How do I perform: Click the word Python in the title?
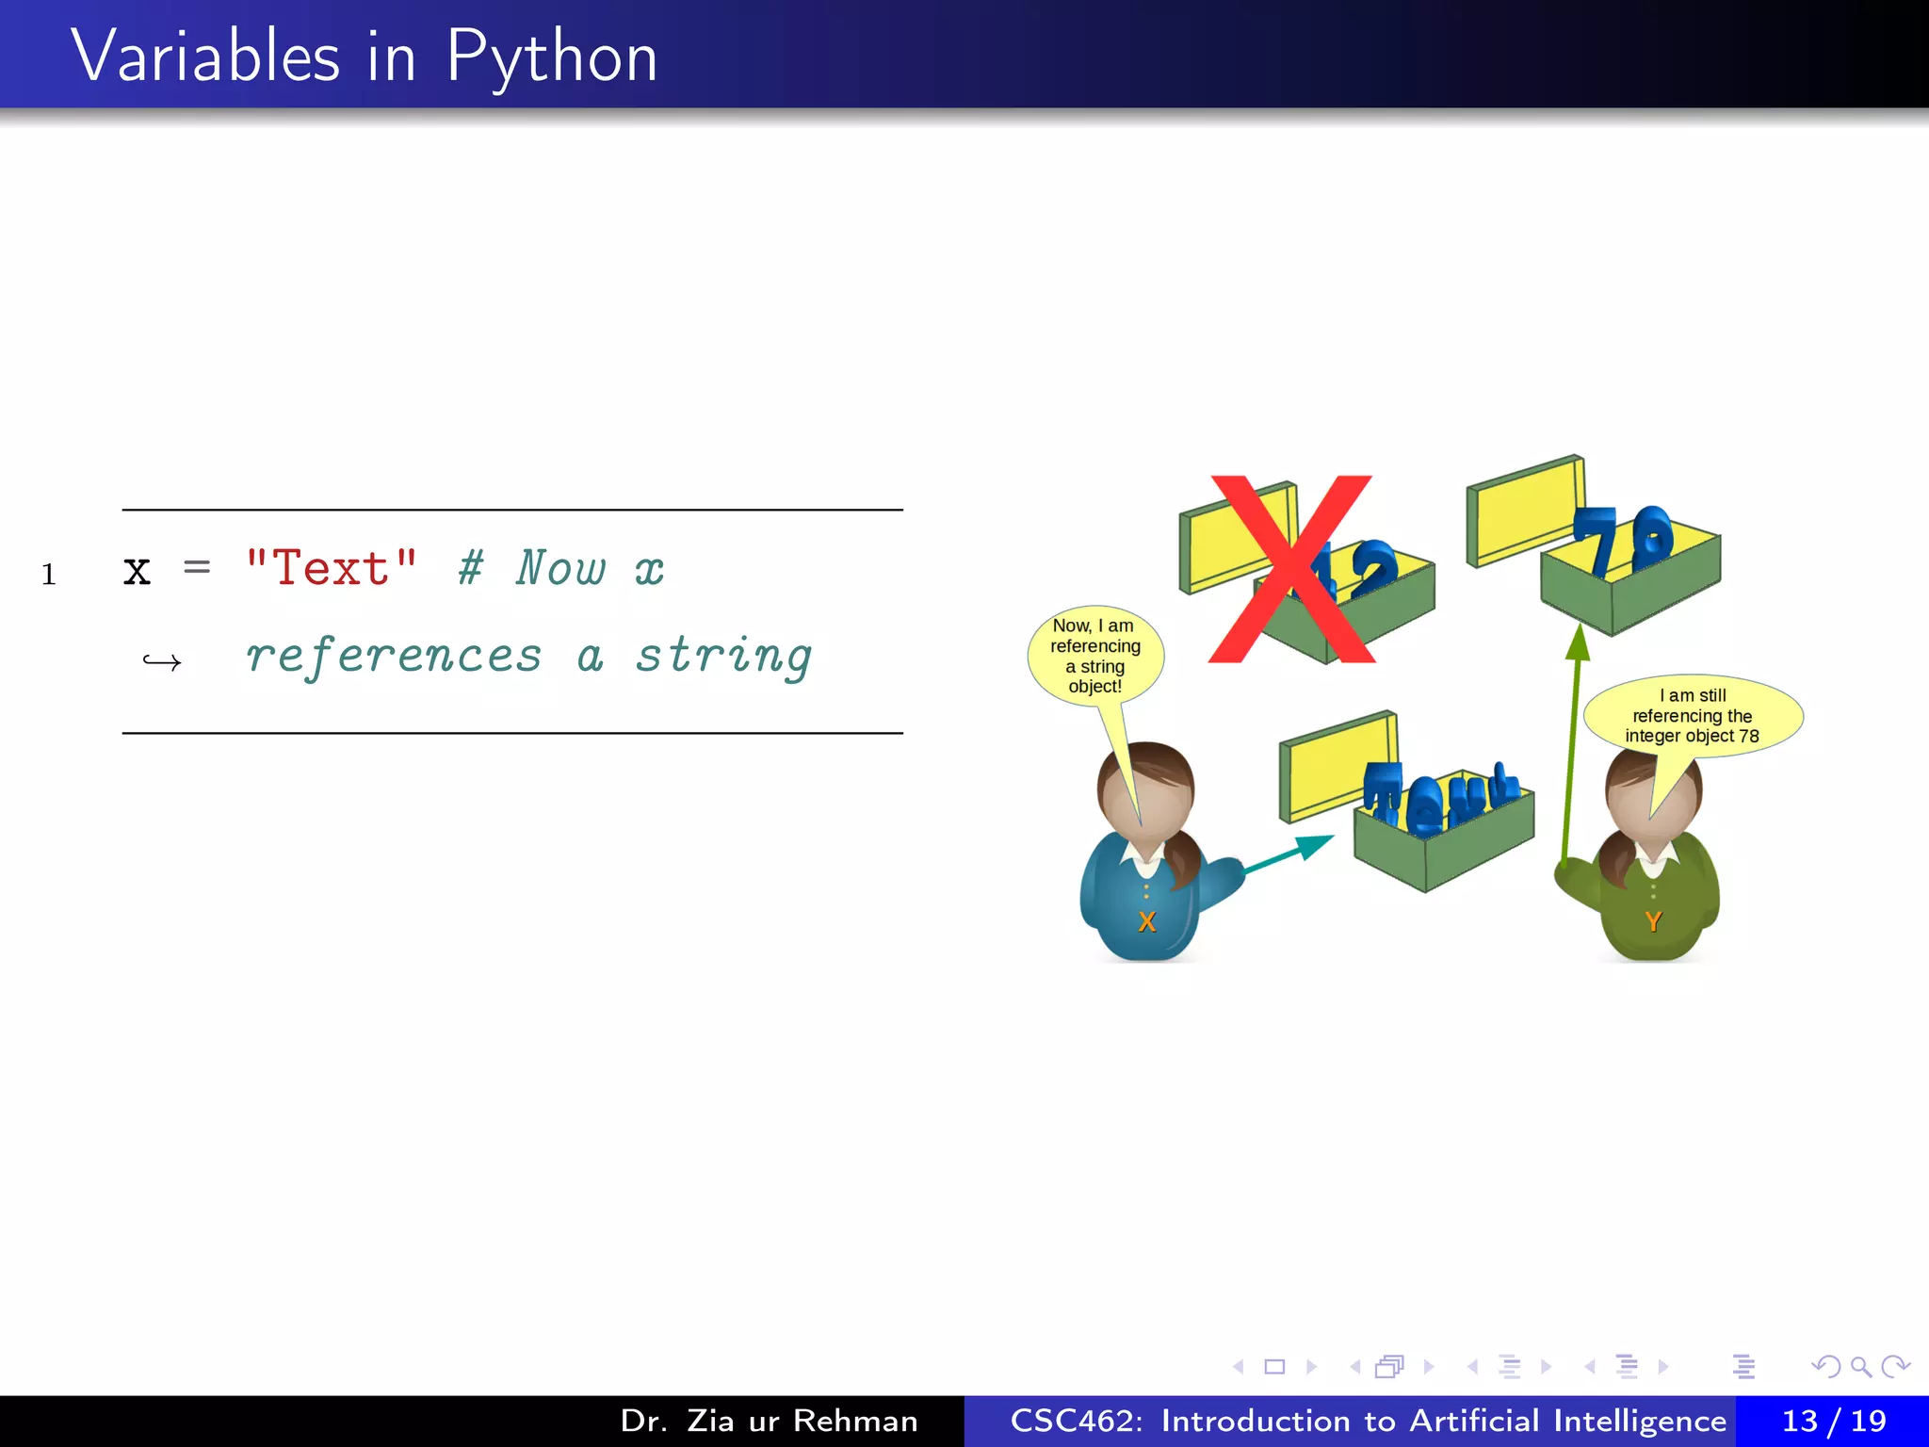pyautogui.click(x=551, y=58)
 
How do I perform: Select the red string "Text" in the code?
pyautogui.click(x=331, y=568)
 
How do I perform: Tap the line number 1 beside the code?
pyautogui.click(x=49, y=574)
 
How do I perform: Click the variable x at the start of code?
pyautogui.click(x=138, y=570)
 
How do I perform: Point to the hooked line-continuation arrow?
pyautogui.click(x=161, y=662)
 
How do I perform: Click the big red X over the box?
pyautogui.click(x=1291, y=569)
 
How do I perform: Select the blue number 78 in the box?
pyautogui.click(x=1622, y=540)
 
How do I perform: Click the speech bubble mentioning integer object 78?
pyautogui.click(x=1693, y=716)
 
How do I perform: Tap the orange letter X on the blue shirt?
pyautogui.click(x=1146, y=921)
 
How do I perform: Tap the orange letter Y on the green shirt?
pyautogui.click(x=1653, y=921)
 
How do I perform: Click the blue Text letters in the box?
pyautogui.click(x=1441, y=796)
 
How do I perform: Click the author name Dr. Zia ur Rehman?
pyautogui.click(x=769, y=1421)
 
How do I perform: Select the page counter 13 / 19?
pyautogui.click(x=1833, y=1421)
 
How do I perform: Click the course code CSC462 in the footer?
pyautogui.click(x=1075, y=1421)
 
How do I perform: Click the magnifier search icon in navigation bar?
pyautogui.click(x=1860, y=1366)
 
